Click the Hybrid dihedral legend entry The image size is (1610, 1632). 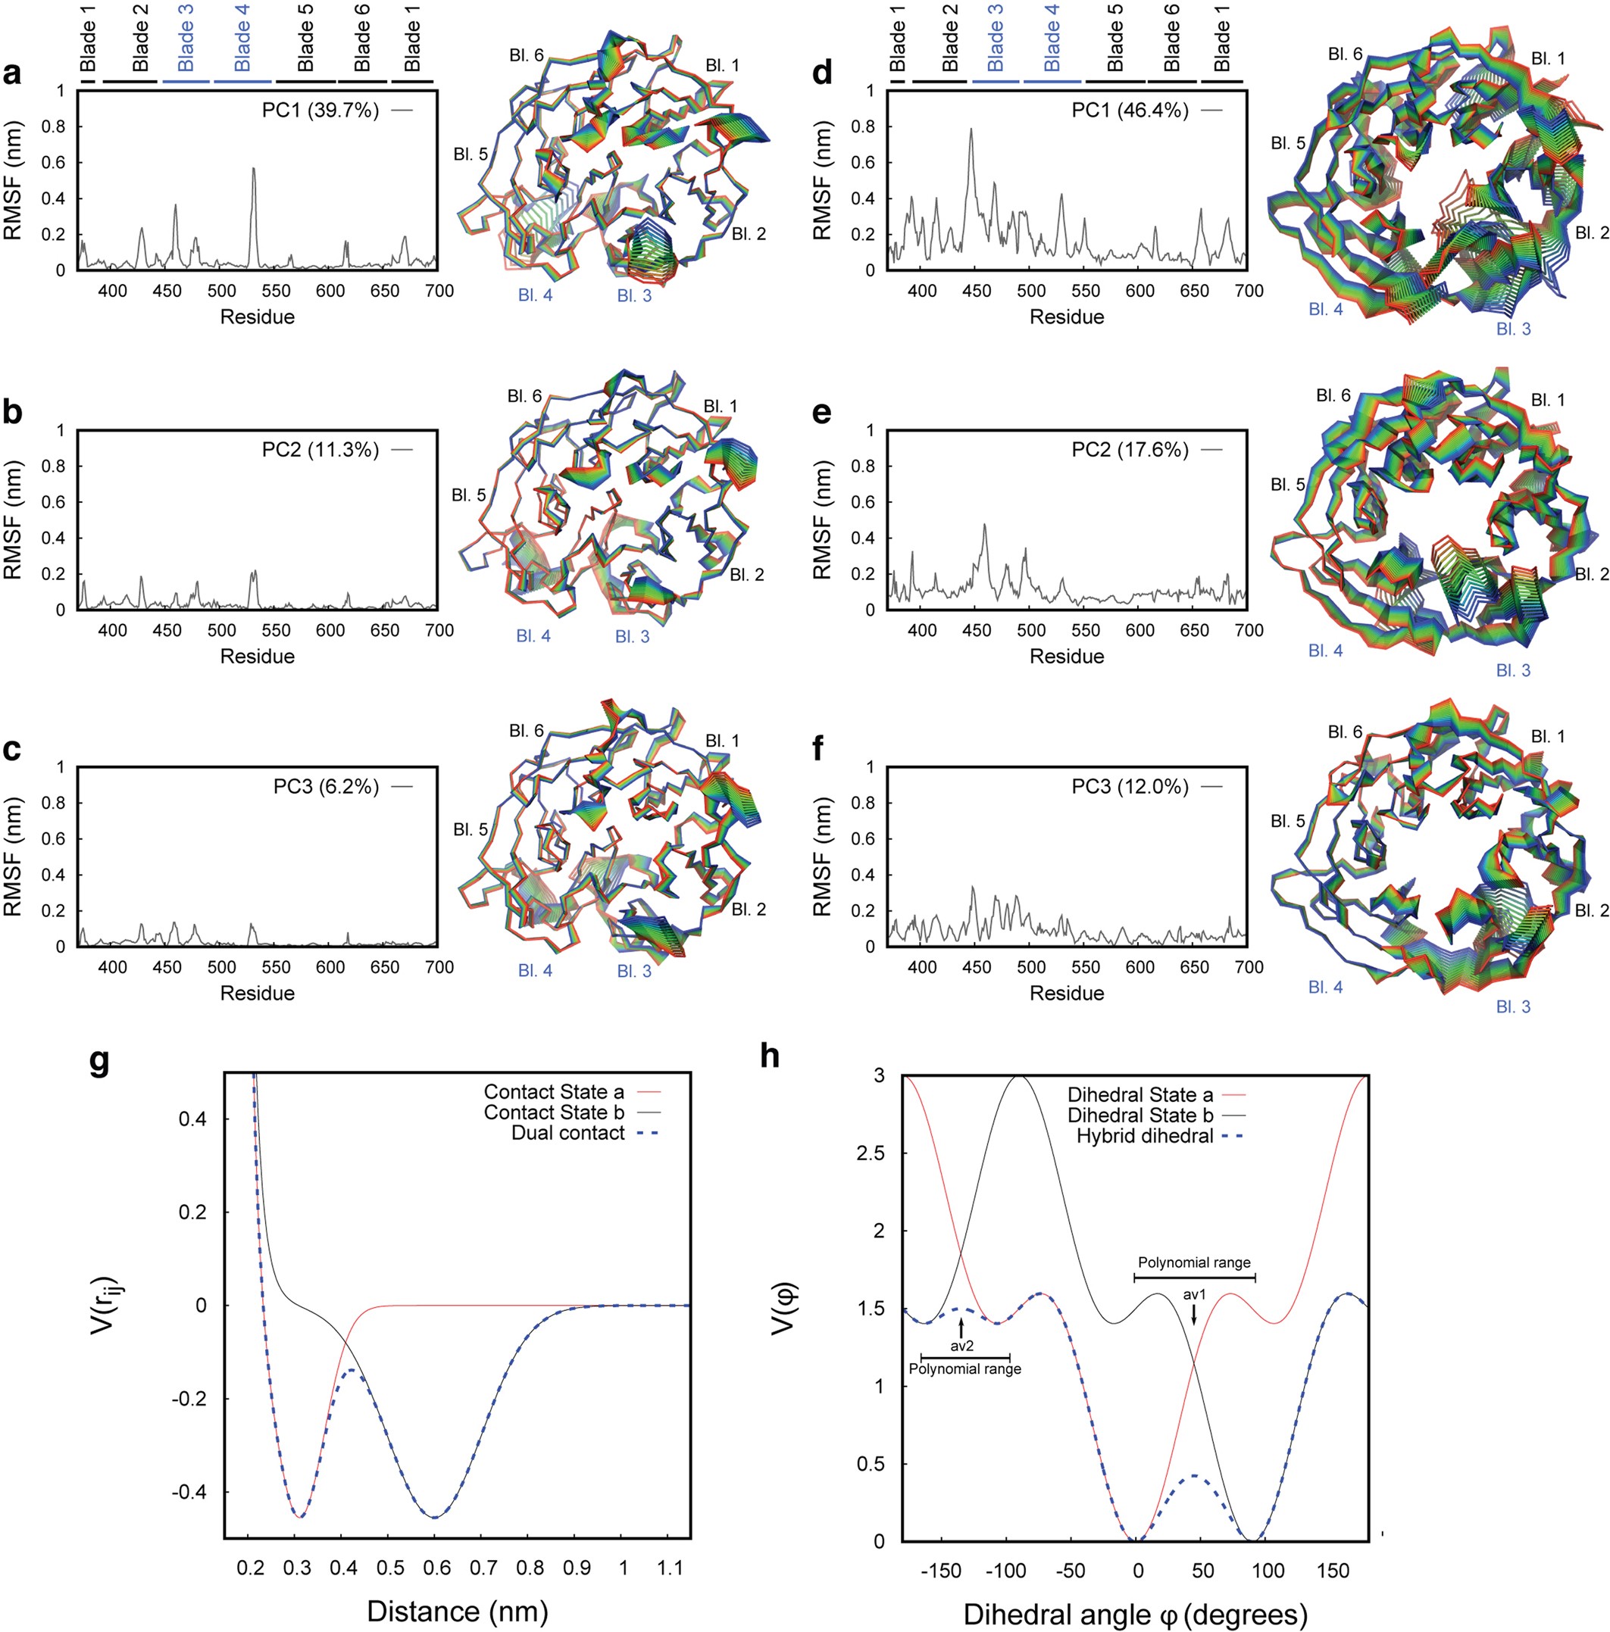click(x=1144, y=1136)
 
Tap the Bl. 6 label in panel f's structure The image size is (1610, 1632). click(x=1345, y=732)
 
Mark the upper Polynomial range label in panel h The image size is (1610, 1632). click(x=1193, y=1263)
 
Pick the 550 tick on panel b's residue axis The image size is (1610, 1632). click(x=277, y=630)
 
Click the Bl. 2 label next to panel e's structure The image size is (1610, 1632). click(x=1591, y=573)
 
